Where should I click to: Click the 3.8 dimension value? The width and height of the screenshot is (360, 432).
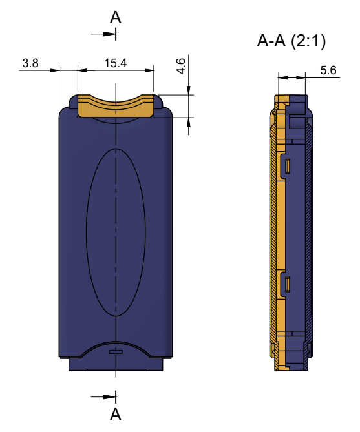tap(30, 63)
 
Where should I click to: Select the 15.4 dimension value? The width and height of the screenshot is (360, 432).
tap(115, 63)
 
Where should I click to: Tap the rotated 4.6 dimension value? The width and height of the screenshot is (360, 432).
tap(181, 66)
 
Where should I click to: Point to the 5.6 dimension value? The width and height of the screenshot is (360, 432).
tap(328, 70)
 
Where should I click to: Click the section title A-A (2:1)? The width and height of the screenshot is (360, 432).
tap(291, 41)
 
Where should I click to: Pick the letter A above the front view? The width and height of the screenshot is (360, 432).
tap(115, 17)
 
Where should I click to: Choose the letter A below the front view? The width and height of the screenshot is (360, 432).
tap(115, 415)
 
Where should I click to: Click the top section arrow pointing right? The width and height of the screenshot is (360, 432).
tap(103, 34)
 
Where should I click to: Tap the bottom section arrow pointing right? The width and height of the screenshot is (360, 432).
tap(103, 396)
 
